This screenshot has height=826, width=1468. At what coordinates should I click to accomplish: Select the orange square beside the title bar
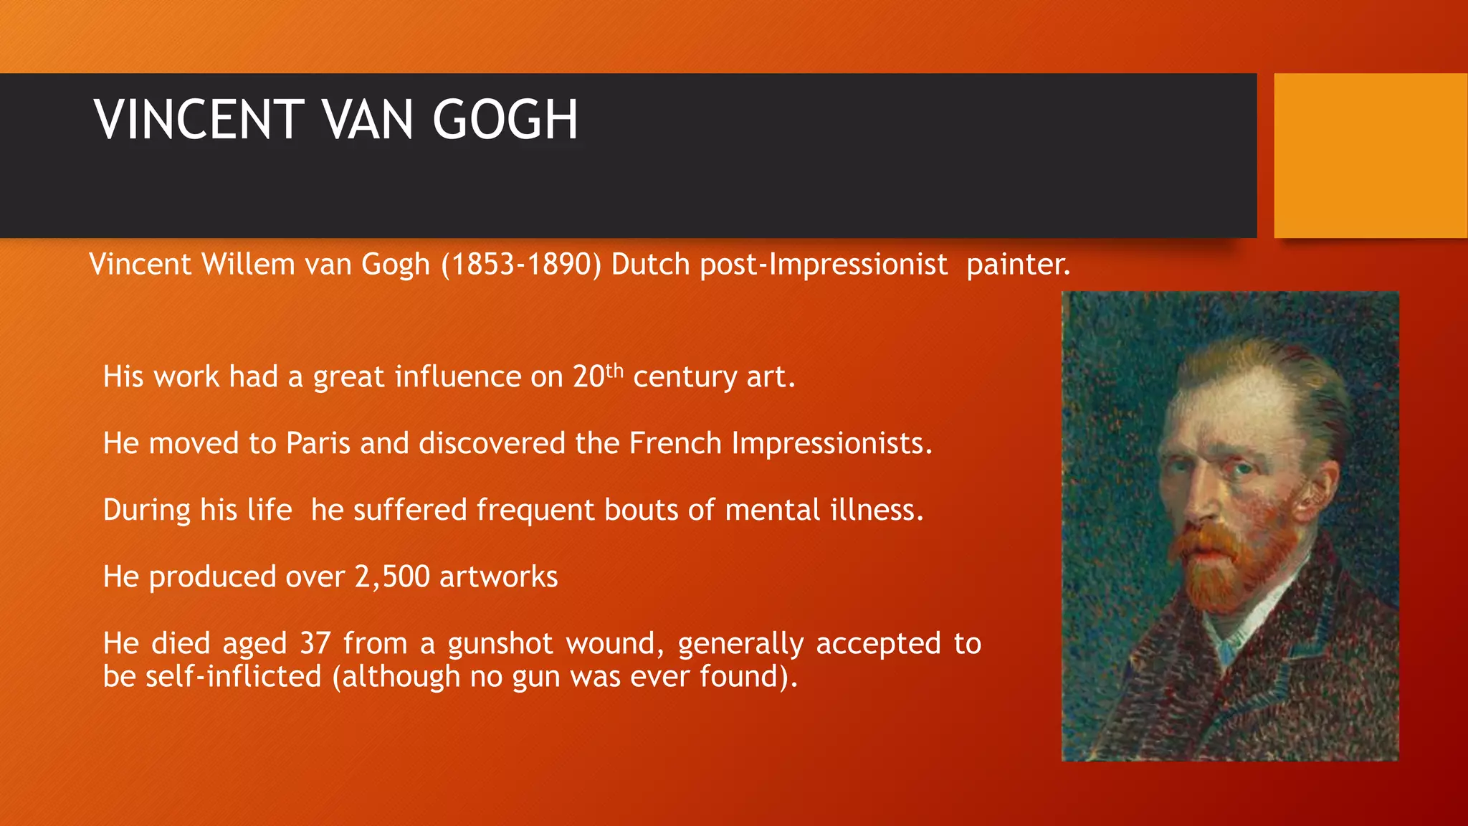point(1371,156)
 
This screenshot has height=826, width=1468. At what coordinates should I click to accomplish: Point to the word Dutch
point(650,265)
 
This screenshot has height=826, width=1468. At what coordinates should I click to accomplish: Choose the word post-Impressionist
point(824,265)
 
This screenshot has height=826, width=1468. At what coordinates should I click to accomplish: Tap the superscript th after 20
point(614,371)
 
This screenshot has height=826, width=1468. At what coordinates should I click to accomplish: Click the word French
point(675,444)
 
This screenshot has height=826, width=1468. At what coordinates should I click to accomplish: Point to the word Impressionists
point(831,444)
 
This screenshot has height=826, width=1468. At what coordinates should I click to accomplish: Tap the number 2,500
point(392,577)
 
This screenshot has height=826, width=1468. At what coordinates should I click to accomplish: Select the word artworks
point(498,577)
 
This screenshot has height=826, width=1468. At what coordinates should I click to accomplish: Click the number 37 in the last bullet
point(315,644)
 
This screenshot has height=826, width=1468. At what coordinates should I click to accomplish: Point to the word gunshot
point(500,644)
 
